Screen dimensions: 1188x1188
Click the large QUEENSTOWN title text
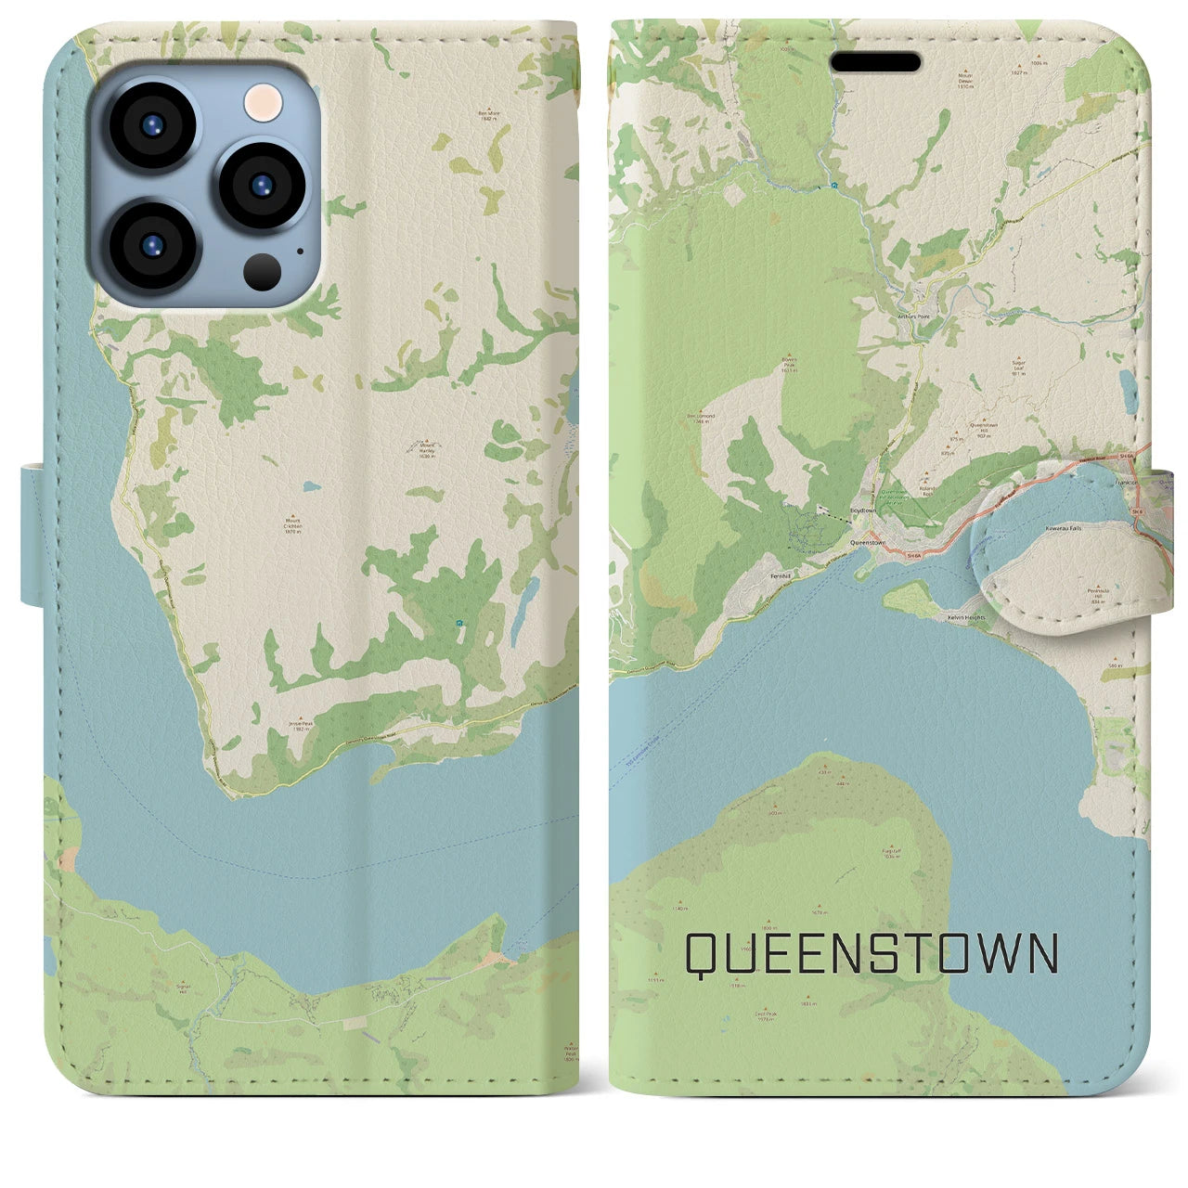pos(872,953)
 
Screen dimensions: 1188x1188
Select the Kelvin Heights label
pos(964,616)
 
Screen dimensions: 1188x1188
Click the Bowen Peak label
pos(790,365)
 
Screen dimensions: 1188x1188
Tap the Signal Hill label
pos(184,989)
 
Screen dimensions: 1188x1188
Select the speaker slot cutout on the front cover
pos(875,62)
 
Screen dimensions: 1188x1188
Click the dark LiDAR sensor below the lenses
pos(264,271)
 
